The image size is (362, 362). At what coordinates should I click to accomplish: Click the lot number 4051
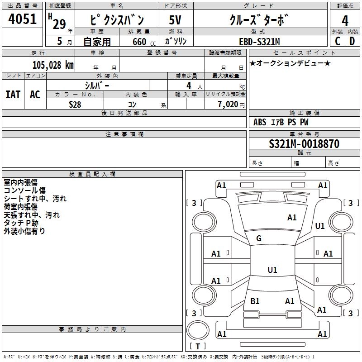coord(23,20)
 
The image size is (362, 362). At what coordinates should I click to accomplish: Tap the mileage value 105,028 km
coord(53,65)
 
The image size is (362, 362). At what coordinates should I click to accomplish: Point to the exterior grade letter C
coord(338,41)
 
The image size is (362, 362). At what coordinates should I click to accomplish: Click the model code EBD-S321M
coord(259,42)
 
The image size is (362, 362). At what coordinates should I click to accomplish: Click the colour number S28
coord(75,104)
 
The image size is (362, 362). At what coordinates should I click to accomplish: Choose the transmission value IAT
coord(13,94)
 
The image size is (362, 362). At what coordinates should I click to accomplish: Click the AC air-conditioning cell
coord(35,94)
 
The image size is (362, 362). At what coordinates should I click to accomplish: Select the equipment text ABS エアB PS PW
coord(281,122)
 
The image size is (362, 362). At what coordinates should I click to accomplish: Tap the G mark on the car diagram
coord(259,238)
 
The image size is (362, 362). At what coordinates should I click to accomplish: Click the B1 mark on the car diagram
coord(255,301)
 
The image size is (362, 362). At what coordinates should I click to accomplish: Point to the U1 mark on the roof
coord(272,270)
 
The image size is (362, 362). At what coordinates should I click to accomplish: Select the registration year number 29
coord(59,24)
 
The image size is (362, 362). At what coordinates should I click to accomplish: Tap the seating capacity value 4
coord(188,86)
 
